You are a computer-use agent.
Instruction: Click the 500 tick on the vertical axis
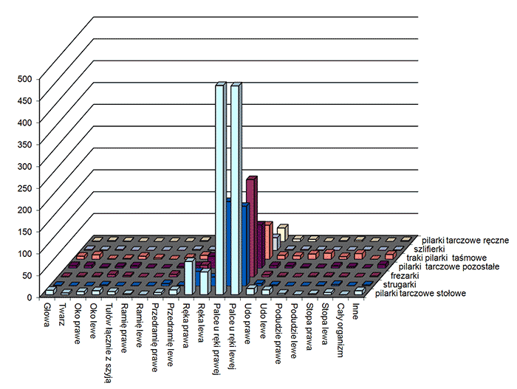click(24, 78)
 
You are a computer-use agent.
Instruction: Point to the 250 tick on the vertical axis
click(24, 187)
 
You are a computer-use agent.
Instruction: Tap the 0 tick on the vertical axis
click(30, 297)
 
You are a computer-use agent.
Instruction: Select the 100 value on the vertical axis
click(24, 253)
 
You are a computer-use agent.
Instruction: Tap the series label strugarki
click(398, 284)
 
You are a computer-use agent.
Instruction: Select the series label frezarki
click(403, 275)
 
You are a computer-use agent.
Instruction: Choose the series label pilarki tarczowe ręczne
click(465, 240)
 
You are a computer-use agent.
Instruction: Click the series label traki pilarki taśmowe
click(451, 258)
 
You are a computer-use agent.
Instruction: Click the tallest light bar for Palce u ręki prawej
click(219, 192)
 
